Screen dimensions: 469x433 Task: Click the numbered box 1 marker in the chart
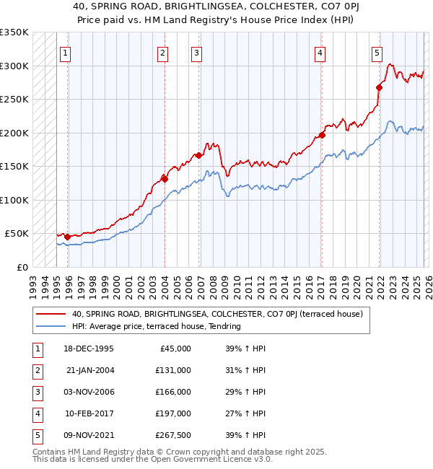click(65, 52)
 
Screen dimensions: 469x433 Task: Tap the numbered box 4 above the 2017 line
click(319, 52)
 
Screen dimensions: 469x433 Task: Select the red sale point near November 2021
click(379, 87)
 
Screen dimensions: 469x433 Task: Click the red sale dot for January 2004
click(165, 179)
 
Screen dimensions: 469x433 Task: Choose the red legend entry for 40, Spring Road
click(221, 314)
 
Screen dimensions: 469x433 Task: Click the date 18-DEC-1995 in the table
click(89, 349)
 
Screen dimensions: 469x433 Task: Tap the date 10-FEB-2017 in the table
click(89, 413)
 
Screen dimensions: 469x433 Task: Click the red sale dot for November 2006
click(198, 155)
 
